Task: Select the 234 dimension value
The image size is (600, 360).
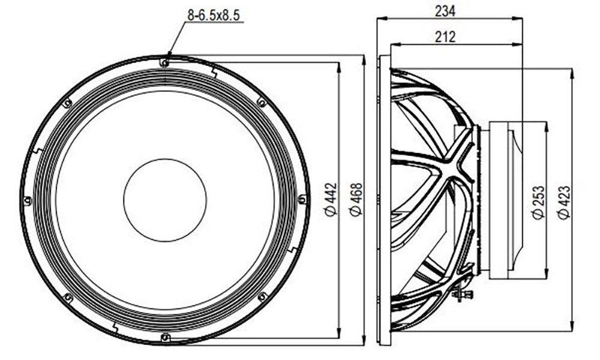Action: tap(445, 11)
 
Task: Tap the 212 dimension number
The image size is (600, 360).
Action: tap(445, 37)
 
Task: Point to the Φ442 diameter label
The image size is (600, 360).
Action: tap(331, 199)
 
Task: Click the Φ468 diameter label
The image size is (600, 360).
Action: tap(356, 199)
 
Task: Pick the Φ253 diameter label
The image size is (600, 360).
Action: tap(538, 202)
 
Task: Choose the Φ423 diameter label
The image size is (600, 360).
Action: tap(563, 202)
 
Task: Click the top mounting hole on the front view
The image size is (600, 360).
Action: tap(164, 63)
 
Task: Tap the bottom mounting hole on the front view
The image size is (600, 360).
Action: tap(165, 337)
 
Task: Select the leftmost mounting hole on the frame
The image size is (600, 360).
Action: tap(28, 200)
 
